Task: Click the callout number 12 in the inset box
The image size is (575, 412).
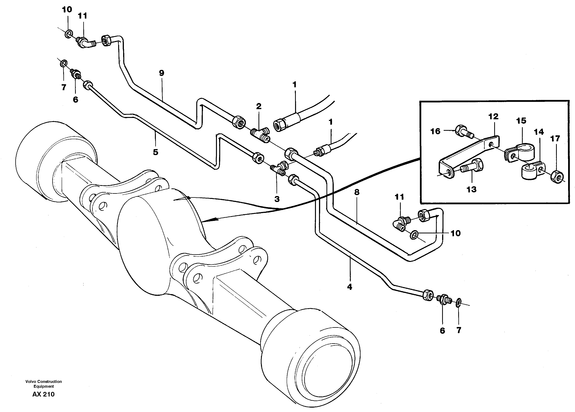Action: coord(493,117)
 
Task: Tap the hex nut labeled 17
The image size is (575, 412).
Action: coord(557,176)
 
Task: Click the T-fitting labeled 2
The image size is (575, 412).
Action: coord(260,134)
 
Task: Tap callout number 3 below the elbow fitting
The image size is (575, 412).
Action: coord(277,199)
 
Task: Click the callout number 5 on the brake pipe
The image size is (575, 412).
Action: coord(155,152)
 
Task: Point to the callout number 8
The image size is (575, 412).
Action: coord(357,192)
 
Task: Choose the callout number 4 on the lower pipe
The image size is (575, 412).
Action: coord(349,287)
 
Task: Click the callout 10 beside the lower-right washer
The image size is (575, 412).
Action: coord(455,233)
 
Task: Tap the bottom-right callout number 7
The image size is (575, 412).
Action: coord(459,330)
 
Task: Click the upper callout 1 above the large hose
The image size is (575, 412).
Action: coord(294,85)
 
